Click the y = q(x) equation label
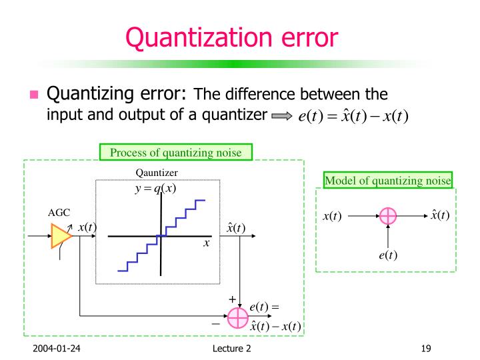(x=155, y=188)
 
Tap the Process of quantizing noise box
(x=177, y=153)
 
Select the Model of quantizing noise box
(x=387, y=180)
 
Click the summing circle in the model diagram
(x=387, y=216)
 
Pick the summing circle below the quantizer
(x=237, y=318)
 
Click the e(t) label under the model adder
(x=387, y=254)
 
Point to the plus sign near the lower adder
(x=232, y=300)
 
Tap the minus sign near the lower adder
(x=215, y=323)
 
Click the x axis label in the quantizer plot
(x=207, y=244)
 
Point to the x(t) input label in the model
(x=333, y=217)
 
